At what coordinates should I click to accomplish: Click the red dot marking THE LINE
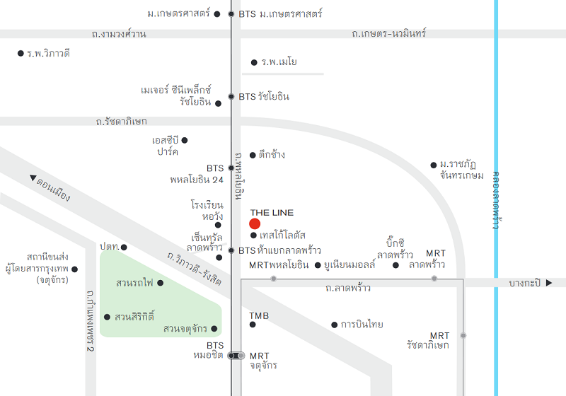[x=255, y=224]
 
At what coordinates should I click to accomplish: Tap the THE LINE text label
[x=272, y=213]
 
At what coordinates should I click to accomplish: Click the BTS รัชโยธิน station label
[x=264, y=97]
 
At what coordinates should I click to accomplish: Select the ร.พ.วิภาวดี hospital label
[x=48, y=53]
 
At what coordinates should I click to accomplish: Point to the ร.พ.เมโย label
[x=279, y=62]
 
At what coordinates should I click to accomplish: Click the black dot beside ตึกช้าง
[x=253, y=156]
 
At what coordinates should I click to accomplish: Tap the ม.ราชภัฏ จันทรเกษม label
[x=462, y=170]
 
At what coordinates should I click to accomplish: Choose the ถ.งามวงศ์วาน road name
[x=119, y=34]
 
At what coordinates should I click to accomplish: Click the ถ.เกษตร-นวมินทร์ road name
[x=388, y=33]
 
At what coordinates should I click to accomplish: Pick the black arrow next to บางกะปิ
[x=549, y=283]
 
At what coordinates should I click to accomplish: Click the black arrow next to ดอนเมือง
[x=33, y=177]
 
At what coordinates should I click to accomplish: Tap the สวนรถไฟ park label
[x=134, y=283]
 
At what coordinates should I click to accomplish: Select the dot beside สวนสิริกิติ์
[x=107, y=317]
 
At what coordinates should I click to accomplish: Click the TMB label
[x=259, y=316]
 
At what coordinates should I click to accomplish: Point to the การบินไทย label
[x=362, y=325]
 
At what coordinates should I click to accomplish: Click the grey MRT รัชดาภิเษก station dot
[x=463, y=335]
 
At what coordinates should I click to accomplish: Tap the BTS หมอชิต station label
[x=208, y=350]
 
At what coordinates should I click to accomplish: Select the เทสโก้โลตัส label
[x=282, y=235]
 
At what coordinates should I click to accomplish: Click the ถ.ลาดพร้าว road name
[x=348, y=289]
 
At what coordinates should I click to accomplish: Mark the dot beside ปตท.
[x=124, y=248]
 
